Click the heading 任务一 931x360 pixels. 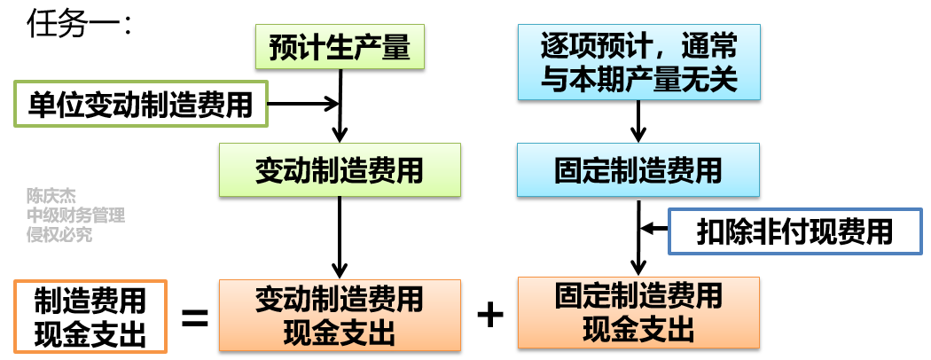(79, 24)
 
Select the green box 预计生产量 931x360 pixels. (340, 46)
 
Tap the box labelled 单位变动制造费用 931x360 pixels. (139, 104)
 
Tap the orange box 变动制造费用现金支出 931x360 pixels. (340, 315)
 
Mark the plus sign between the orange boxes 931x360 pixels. (489, 315)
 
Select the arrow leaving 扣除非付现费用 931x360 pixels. (656, 230)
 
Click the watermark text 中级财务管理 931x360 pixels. (75, 215)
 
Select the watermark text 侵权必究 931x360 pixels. (59, 235)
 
